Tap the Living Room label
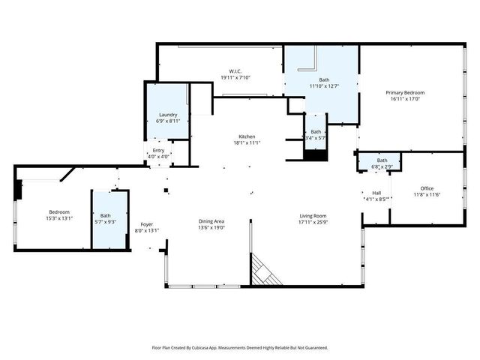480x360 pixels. tap(313, 216)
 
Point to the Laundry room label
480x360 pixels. tap(168, 115)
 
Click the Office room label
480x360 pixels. tap(427, 188)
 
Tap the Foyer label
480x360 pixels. tap(147, 224)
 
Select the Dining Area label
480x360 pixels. tap(211, 221)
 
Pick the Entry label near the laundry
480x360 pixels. tap(158, 151)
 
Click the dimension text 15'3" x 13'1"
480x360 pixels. tap(61, 218)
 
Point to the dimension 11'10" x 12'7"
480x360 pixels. tap(324, 86)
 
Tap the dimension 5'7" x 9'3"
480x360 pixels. tap(105, 222)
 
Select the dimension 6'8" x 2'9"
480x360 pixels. tap(382, 166)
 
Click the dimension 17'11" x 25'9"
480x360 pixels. tap(313, 223)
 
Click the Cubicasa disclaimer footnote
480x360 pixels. tap(240, 348)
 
